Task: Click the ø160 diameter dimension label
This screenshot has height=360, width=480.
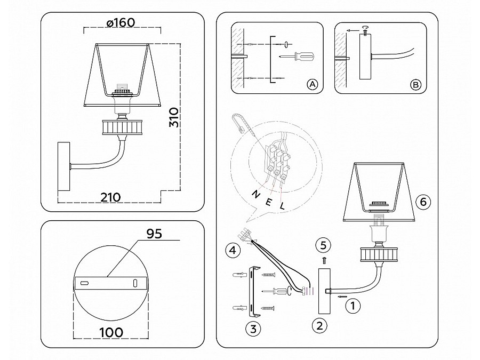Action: tap(121, 22)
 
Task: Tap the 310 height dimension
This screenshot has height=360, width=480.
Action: tap(174, 117)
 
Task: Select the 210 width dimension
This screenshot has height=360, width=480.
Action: tap(111, 197)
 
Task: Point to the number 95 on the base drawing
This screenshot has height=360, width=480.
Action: tap(154, 234)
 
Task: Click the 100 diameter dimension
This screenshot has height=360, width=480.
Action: tap(111, 332)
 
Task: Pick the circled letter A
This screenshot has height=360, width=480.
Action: tap(312, 84)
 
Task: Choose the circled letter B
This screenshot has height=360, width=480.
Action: tap(415, 84)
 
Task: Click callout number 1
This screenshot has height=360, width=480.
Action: tap(353, 306)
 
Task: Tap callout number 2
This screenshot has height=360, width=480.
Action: tap(319, 325)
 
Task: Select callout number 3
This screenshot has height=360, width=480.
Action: tap(253, 329)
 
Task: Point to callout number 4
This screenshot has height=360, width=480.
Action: tap(233, 251)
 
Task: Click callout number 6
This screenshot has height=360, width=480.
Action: tap(423, 202)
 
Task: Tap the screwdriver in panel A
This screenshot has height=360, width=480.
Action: tap(297, 57)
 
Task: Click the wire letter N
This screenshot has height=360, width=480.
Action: tap(255, 194)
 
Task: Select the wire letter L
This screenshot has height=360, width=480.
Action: tap(282, 205)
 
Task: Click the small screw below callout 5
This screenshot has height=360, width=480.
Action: tap(324, 261)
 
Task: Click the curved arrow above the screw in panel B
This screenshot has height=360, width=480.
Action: tap(365, 28)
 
